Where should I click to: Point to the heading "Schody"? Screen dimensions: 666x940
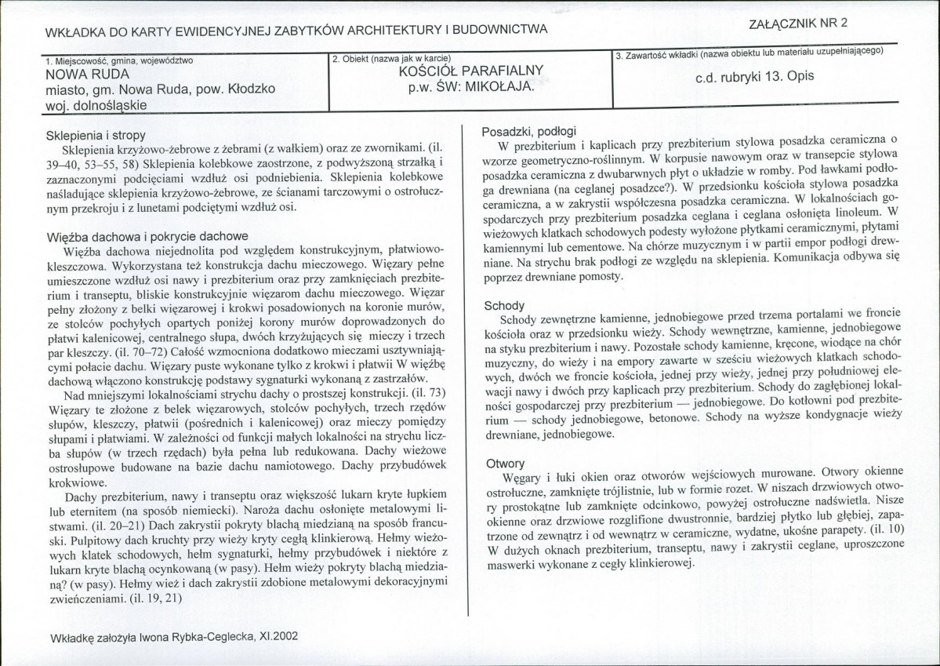coord(504,306)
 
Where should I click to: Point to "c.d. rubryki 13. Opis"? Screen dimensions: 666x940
coord(755,77)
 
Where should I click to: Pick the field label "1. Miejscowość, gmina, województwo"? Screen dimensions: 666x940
coord(119,60)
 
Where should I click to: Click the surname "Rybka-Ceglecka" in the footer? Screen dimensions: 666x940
coord(212,637)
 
